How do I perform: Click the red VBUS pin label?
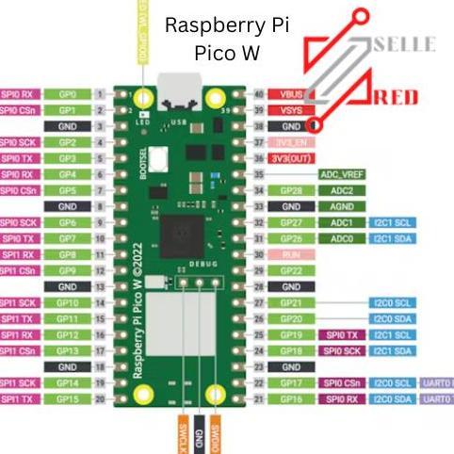click(288, 94)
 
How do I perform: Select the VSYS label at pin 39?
click(288, 110)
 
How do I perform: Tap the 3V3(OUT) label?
click(291, 158)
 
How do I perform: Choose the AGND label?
click(341, 206)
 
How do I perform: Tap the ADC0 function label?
click(341, 238)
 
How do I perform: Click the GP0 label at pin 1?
click(67, 94)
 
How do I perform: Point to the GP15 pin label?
click(67, 399)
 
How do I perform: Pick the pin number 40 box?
click(256, 94)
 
